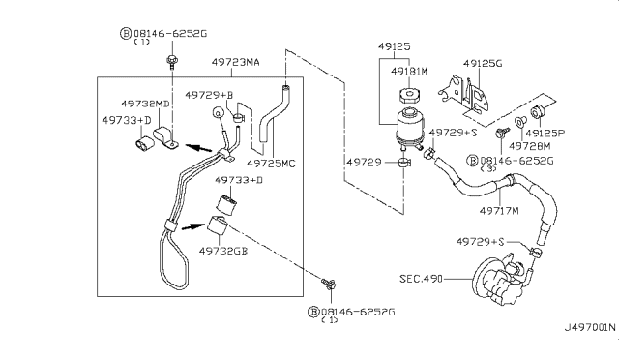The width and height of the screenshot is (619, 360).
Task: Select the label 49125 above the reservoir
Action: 394,45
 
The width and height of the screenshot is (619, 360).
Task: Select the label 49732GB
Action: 223,250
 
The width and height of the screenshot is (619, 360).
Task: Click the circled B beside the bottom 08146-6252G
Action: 312,312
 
